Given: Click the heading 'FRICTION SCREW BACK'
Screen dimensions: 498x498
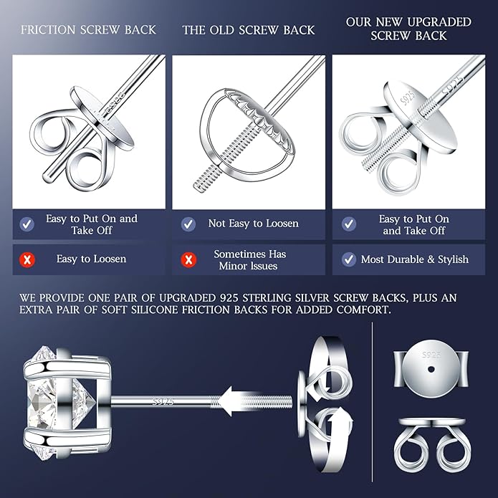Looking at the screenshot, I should point(88,30).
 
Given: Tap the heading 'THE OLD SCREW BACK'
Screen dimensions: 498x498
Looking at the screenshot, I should point(249,30).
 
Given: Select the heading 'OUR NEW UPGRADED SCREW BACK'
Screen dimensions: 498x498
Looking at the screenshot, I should point(408,29).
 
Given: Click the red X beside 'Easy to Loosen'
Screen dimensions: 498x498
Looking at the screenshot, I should point(27,259).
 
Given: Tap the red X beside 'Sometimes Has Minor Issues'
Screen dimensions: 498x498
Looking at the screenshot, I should point(188,259).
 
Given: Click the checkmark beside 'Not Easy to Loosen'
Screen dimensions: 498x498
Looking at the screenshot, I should point(188,224).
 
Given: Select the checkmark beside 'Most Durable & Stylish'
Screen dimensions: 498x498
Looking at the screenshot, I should point(349,259).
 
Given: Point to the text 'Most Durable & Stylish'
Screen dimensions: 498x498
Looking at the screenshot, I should point(415,259).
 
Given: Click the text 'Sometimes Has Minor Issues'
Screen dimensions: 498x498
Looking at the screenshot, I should point(250,259).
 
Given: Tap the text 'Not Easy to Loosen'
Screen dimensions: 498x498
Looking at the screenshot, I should point(254,224).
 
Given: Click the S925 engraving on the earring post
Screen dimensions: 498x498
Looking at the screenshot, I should point(164,401).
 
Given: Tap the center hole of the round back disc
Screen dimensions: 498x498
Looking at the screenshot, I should point(431,368).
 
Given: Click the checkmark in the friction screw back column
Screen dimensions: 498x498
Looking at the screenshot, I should point(27,224).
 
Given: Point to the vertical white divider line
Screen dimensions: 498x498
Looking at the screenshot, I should point(373,401).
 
